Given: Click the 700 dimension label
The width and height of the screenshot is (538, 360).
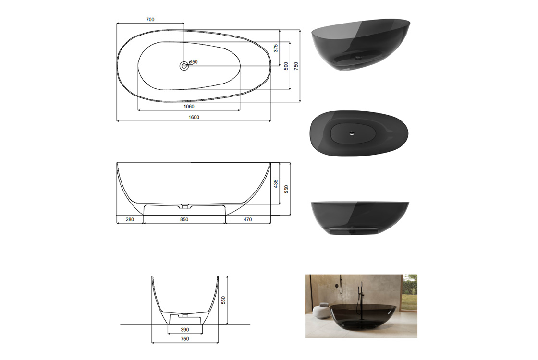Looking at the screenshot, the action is coord(150,20).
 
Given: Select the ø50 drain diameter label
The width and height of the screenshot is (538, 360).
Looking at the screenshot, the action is coord(193,62).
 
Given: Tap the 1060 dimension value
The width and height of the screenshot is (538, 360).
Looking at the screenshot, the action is coord(189,106).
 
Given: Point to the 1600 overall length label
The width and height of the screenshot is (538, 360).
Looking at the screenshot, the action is coord(194,117).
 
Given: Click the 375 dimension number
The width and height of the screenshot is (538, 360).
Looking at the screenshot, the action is coord(276,48).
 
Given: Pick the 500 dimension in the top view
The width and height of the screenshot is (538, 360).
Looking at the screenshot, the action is coord(286,66).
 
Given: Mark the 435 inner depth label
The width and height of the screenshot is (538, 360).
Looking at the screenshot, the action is coord(276,184).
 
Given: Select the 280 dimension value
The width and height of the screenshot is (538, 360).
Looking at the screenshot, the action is coord(130,219).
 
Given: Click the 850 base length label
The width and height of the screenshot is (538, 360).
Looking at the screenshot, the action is coord(184,219).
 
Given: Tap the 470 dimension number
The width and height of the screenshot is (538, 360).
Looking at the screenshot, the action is coord(248,219).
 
